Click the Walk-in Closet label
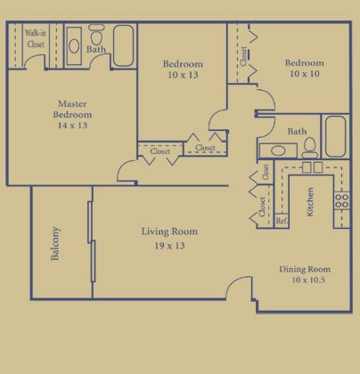pyautogui.click(x=36, y=38)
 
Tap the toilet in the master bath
pyautogui.click(x=96, y=34)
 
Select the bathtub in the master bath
pyautogui.click(x=123, y=45)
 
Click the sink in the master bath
pyautogui.click(x=74, y=46)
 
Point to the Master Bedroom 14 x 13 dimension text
pyautogui.click(x=73, y=126)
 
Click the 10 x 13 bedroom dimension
pyautogui.click(x=183, y=75)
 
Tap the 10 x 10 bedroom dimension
pyautogui.click(x=305, y=74)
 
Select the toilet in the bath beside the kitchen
pyautogui.click(x=310, y=148)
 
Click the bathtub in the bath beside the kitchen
pyautogui.click(x=336, y=136)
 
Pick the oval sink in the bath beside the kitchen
pyautogui.click(x=278, y=150)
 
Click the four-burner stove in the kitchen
pyautogui.click(x=341, y=200)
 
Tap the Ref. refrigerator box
pyautogui.click(x=282, y=221)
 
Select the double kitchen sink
pyautogui.click(x=312, y=167)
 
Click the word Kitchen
pyautogui.click(x=309, y=201)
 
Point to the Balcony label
pyautogui.click(x=55, y=243)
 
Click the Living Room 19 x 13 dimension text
pyautogui.click(x=169, y=246)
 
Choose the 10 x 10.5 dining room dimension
pyautogui.click(x=308, y=280)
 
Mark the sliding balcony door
pyautogui.click(x=92, y=241)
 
